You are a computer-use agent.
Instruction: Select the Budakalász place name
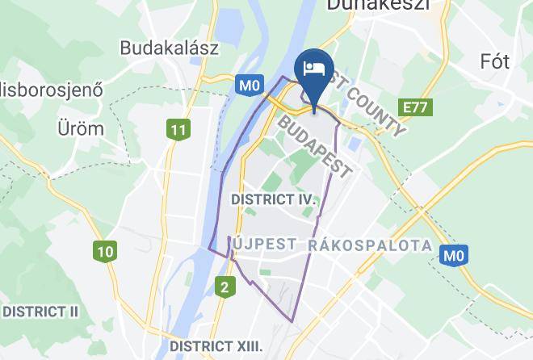pyautogui.click(x=170, y=48)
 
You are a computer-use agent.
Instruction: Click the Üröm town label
pyautogui.click(x=80, y=128)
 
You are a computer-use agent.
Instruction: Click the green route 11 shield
pyautogui.click(x=178, y=128)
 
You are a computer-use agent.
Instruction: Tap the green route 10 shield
pyautogui.click(x=104, y=251)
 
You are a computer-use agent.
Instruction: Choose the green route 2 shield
pyautogui.click(x=226, y=285)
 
